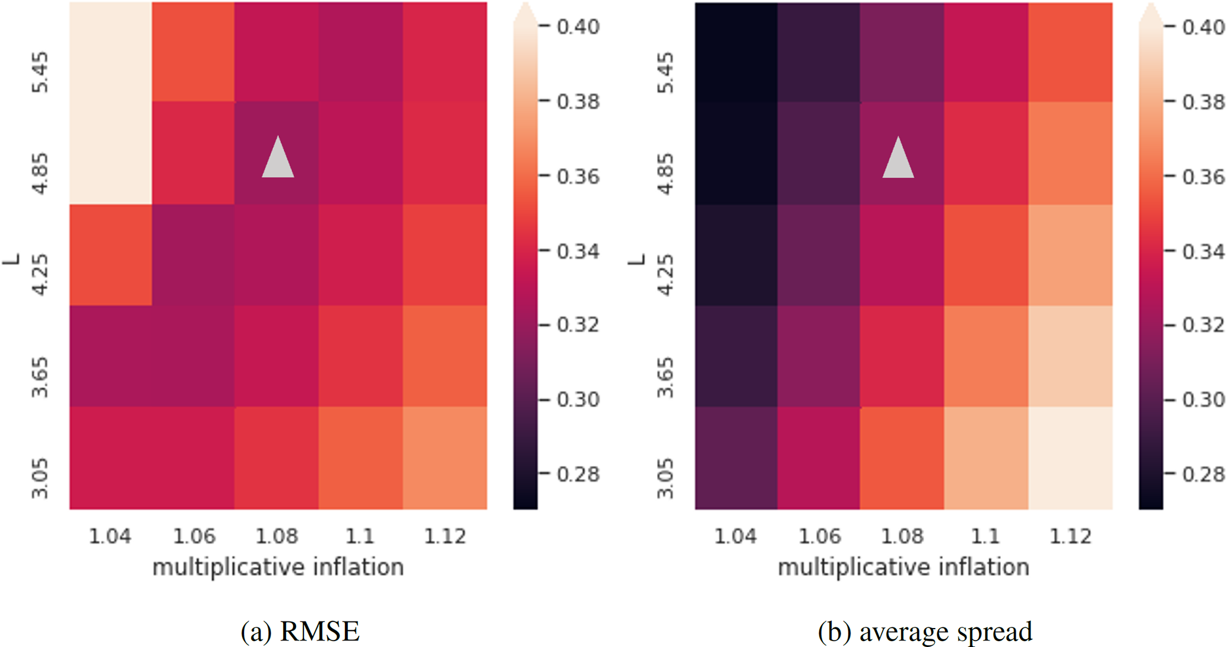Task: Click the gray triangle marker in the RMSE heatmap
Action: tap(278, 158)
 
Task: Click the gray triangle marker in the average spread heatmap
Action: tap(898, 158)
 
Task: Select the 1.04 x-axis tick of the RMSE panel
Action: tap(110, 536)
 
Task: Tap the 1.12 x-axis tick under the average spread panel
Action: tap(1070, 536)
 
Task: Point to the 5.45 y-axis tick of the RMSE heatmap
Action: tap(40, 73)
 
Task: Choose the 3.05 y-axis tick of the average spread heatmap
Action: tap(665, 478)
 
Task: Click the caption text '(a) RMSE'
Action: tap(300, 631)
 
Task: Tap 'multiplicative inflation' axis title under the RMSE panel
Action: tap(278, 567)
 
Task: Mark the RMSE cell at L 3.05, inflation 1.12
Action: tap(445, 458)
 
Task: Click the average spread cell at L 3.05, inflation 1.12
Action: tap(1070, 458)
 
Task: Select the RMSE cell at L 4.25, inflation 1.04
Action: tap(110, 255)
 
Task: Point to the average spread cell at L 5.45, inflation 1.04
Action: tap(736, 52)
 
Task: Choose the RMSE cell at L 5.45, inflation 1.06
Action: tap(193, 52)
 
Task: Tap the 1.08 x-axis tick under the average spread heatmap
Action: tap(902, 536)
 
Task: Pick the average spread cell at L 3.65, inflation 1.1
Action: tap(986, 356)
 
